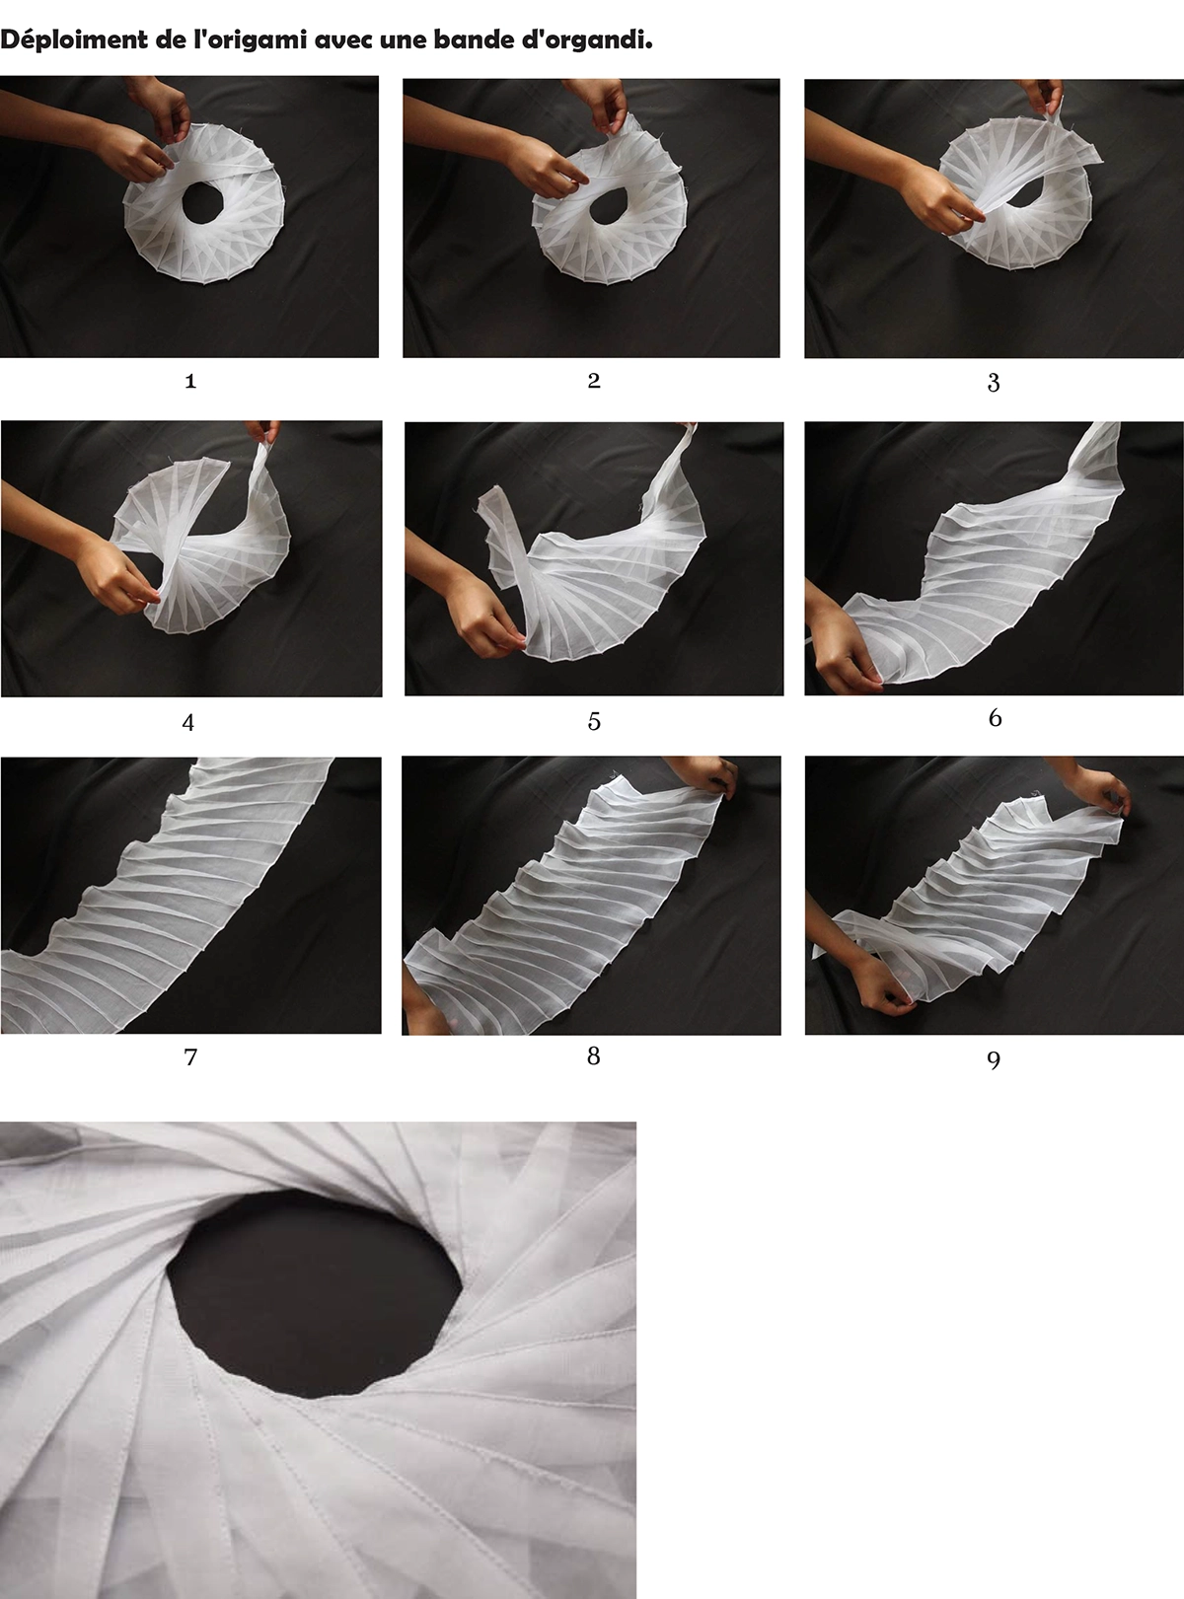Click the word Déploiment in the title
[x=74, y=41]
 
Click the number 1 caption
[x=190, y=381]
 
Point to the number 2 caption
[x=593, y=381]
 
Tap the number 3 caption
[x=994, y=383]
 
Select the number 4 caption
[x=188, y=722]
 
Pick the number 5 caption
[x=593, y=722]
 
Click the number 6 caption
[x=996, y=717]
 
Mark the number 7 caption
[x=190, y=1057]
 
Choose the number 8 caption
[x=593, y=1055]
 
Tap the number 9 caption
[x=994, y=1059]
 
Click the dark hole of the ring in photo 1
[x=202, y=203]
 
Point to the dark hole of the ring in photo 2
[x=610, y=210]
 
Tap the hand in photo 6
[x=844, y=649]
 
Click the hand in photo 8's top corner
[x=703, y=777]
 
